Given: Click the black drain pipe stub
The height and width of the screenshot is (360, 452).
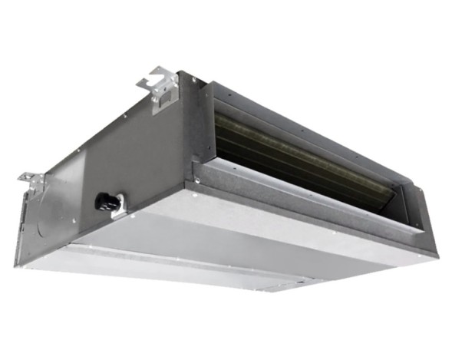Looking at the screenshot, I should pyautogui.click(x=107, y=202).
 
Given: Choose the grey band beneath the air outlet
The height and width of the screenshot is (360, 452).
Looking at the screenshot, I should pyautogui.click(x=307, y=219).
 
